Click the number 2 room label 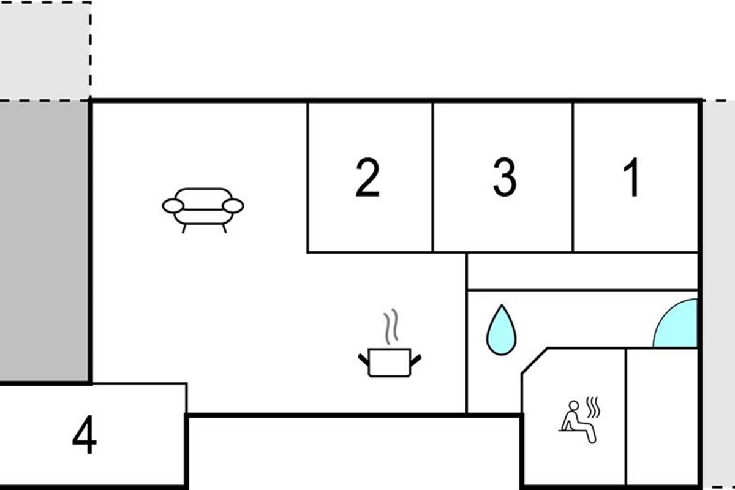tap(367, 178)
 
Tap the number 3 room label tap(504, 178)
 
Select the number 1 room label tap(631, 178)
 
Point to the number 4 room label tap(85, 437)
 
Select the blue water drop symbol tap(501, 331)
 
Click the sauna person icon tap(578, 421)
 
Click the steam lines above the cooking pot tap(390, 326)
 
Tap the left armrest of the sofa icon tap(173, 206)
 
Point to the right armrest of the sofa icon tap(233, 206)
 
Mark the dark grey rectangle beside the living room tap(44, 242)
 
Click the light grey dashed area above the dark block tap(44, 49)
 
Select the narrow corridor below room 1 tap(582, 271)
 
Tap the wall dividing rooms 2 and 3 tap(433, 178)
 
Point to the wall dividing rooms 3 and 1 tap(573, 178)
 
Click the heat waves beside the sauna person tap(594, 405)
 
